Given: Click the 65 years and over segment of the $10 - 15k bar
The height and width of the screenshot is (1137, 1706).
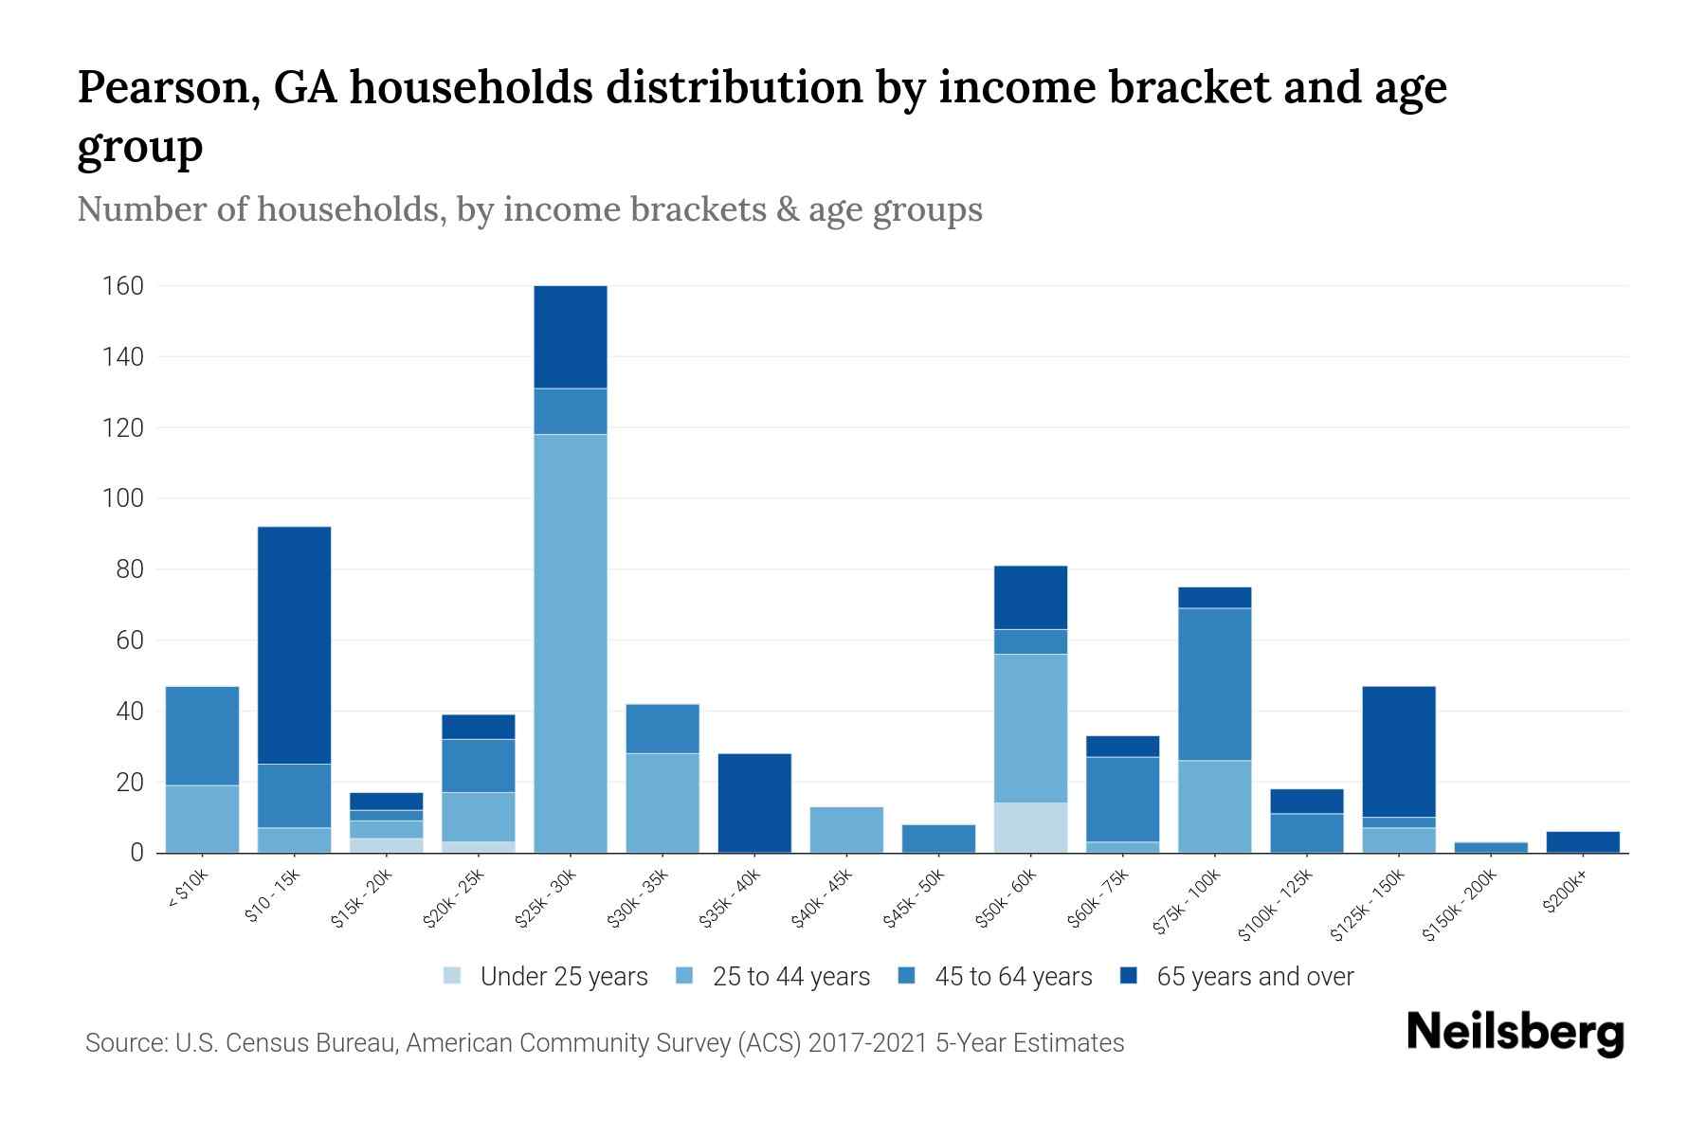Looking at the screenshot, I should [295, 645].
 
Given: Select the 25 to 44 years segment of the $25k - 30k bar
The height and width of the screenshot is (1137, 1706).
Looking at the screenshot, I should [571, 643].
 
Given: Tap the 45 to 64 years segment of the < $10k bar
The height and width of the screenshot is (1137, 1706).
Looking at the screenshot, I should [202, 736].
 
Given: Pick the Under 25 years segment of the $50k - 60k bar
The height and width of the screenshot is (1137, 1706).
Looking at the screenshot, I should [1030, 828].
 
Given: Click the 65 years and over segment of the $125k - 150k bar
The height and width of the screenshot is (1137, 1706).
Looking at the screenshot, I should [1399, 751].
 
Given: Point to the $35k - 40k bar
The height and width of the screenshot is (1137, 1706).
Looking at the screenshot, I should [754, 803].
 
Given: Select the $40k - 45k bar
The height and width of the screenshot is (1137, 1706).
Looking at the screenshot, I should [846, 830].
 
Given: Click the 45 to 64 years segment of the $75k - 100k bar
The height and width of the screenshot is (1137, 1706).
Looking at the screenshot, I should [1214, 684].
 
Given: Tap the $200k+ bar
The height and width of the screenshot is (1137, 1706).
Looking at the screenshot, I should [1583, 842].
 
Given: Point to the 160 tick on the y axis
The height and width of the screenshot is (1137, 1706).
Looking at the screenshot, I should [123, 286].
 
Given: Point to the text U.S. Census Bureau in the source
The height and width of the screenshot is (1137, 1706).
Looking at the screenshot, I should [287, 1043].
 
